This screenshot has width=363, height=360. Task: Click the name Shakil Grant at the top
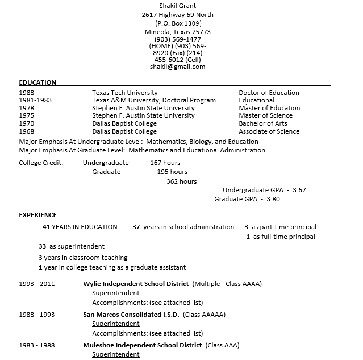click(x=177, y=5)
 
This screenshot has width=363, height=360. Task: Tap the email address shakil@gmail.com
click(x=177, y=67)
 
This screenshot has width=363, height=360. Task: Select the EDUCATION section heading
click(x=37, y=82)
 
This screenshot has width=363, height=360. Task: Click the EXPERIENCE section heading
click(x=37, y=215)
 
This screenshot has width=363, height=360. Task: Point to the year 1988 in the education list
click(x=27, y=93)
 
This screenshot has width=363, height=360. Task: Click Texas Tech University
click(x=125, y=93)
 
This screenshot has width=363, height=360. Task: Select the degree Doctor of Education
click(x=269, y=93)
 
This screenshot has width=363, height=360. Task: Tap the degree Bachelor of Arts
click(x=262, y=123)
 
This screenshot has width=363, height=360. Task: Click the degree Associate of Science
click(x=269, y=131)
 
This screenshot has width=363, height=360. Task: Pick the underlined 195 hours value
click(x=172, y=172)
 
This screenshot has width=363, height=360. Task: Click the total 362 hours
click(x=182, y=181)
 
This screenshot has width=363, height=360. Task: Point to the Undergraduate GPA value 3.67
click(x=299, y=190)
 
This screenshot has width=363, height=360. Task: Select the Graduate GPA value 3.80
click(x=273, y=199)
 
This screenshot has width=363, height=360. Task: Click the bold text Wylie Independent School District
click(x=136, y=284)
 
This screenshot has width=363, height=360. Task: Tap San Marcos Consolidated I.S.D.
click(x=131, y=315)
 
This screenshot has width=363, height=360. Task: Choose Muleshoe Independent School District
click(x=142, y=345)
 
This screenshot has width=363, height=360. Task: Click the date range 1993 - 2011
click(x=37, y=284)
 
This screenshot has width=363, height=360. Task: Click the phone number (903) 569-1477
click(x=177, y=39)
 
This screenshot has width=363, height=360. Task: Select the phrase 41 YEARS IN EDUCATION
click(x=81, y=227)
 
